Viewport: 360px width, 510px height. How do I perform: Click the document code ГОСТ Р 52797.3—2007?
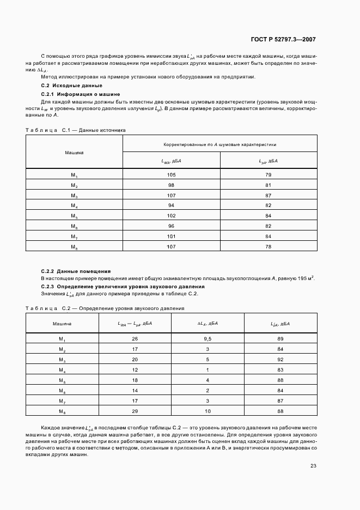coord(284,39)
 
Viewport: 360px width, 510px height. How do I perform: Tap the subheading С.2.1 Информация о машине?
coord(81,94)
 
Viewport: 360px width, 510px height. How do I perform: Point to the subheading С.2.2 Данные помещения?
coord(76,271)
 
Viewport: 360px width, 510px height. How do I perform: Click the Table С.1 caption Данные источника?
coord(76,130)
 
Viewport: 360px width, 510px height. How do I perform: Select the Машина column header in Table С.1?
coord(75,153)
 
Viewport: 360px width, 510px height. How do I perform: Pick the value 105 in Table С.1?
coord(172,174)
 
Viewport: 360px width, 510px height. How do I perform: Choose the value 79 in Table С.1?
coord(268,174)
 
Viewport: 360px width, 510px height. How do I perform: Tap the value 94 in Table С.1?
coord(172,205)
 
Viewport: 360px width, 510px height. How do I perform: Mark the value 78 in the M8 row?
coord(268,246)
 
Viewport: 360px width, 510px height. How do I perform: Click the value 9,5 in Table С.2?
coord(208,339)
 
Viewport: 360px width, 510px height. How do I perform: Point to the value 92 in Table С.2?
coord(280,360)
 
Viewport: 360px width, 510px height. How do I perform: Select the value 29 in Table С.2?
coord(135,411)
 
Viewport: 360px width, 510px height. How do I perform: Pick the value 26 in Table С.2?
coord(135,339)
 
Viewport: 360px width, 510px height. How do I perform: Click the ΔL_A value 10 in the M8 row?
coord(208,411)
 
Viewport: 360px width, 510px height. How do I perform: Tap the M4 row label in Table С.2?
coord(62,370)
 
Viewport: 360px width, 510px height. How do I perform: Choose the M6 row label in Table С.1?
coord(75,226)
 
